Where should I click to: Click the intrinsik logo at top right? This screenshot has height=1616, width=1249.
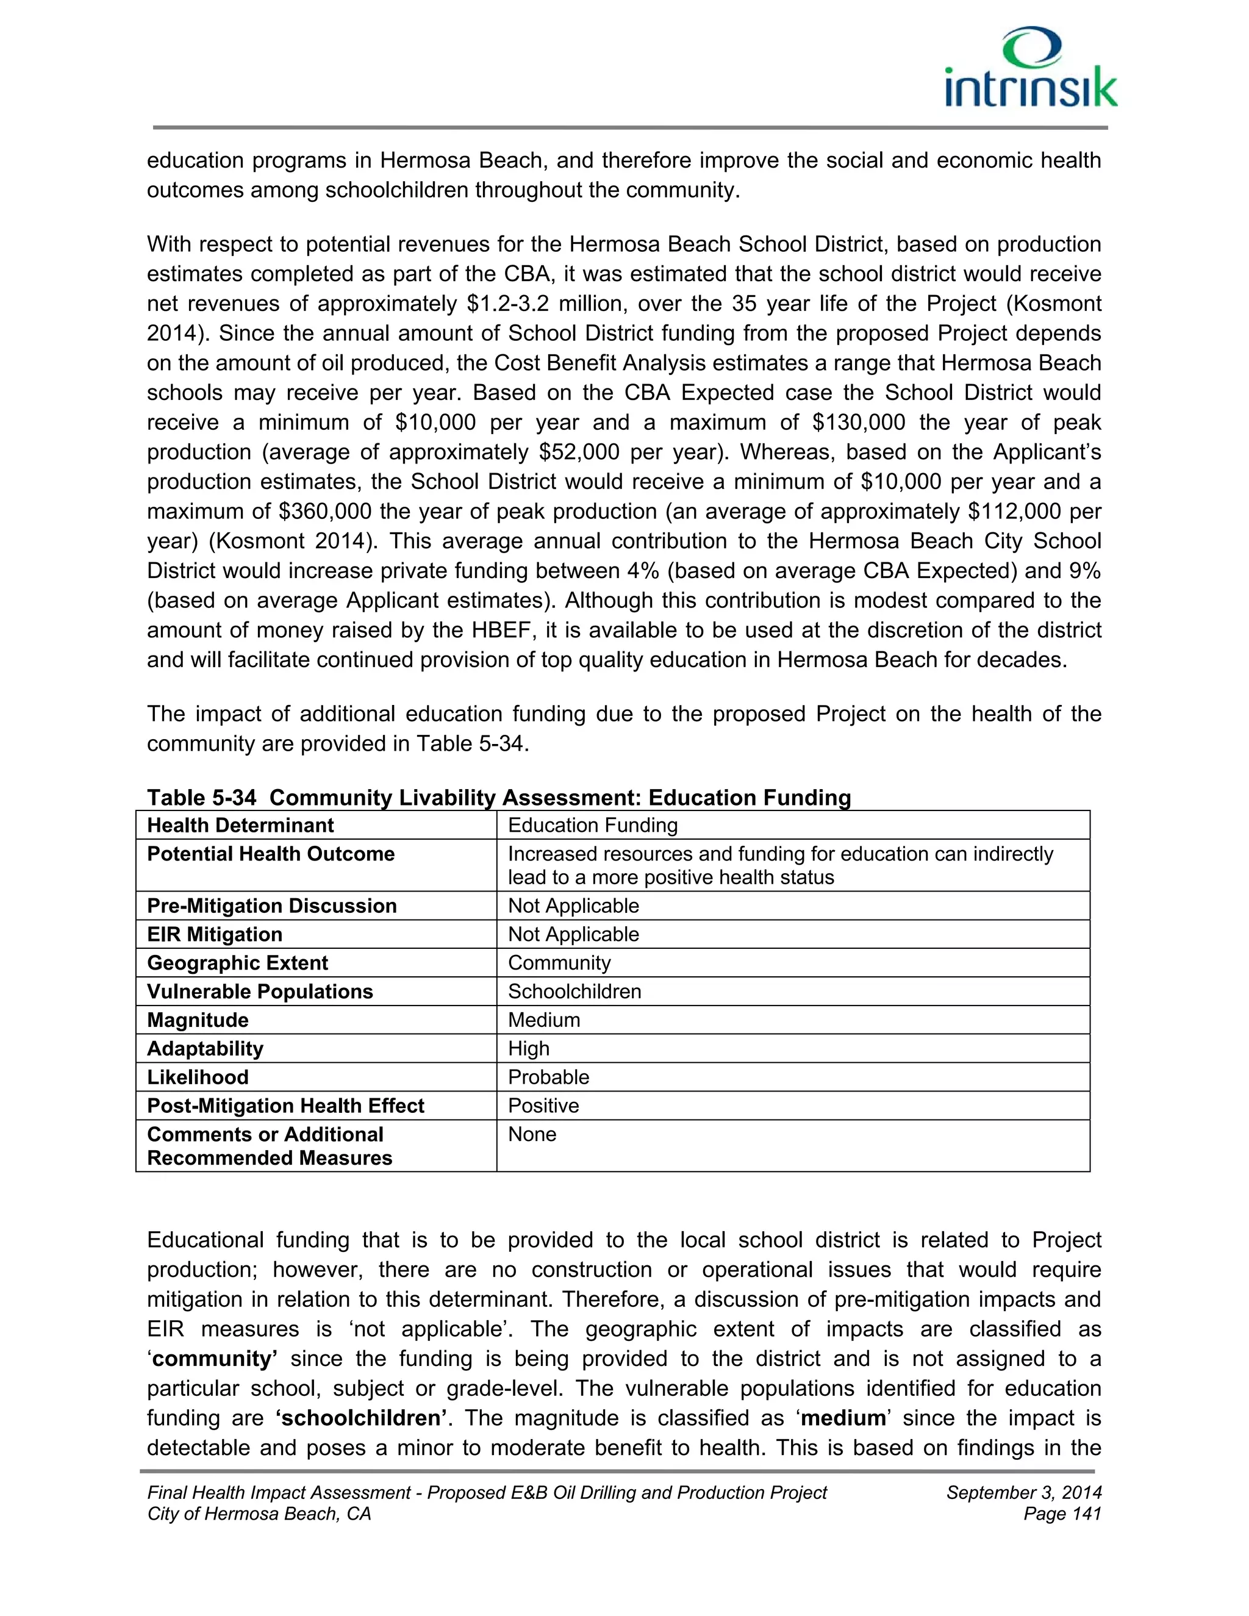pyautogui.click(x=1031, y=68)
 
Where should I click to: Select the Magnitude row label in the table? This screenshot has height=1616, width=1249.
pyautogui.click(x=198, y=1020)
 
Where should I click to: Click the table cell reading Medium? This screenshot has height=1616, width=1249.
pyautogui.click(x=544, y=1020)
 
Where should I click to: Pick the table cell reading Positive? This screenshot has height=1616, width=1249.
pyautogui.click(x=543, y=1106)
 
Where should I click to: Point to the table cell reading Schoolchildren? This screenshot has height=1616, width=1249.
pyautogui.click(x=574, y=992)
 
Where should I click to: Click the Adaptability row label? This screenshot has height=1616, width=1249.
pyautogui.click(x=205, y=1048)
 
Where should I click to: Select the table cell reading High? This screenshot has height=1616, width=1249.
pyautogui.click(x=528, y=1048)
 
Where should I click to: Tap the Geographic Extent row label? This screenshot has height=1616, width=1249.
pyautogui.click(x=237, y=963)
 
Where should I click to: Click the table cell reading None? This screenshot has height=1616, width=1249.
pyautogui.click(x=532, y=1134)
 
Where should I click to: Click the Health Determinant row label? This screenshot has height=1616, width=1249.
pyautogui.click(x=240, y=825)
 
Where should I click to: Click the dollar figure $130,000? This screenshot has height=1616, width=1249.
pyautogui.click(x=858, y=423)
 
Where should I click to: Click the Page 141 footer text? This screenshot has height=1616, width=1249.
pyautogui.click(x=1062, y=1514)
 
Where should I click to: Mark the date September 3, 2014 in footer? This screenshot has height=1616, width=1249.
pyautogui.click(x=1024, y=1492)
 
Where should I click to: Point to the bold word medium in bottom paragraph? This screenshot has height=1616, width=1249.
pyautogui.click(x=843, y=1418)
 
